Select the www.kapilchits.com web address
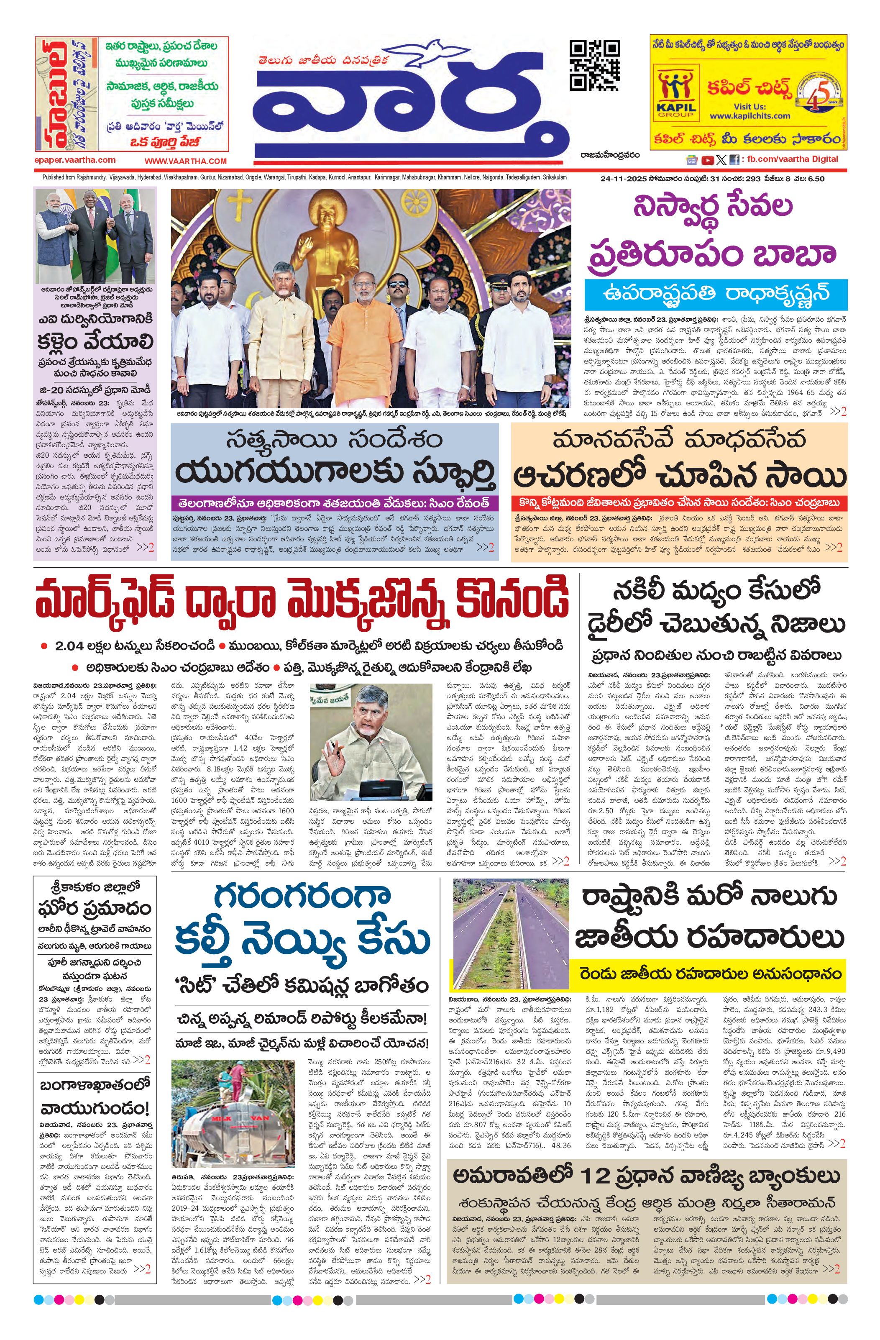[x=750, y=116]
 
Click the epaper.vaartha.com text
[x=74, y=160]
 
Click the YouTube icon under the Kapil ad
[x=707, y=160]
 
